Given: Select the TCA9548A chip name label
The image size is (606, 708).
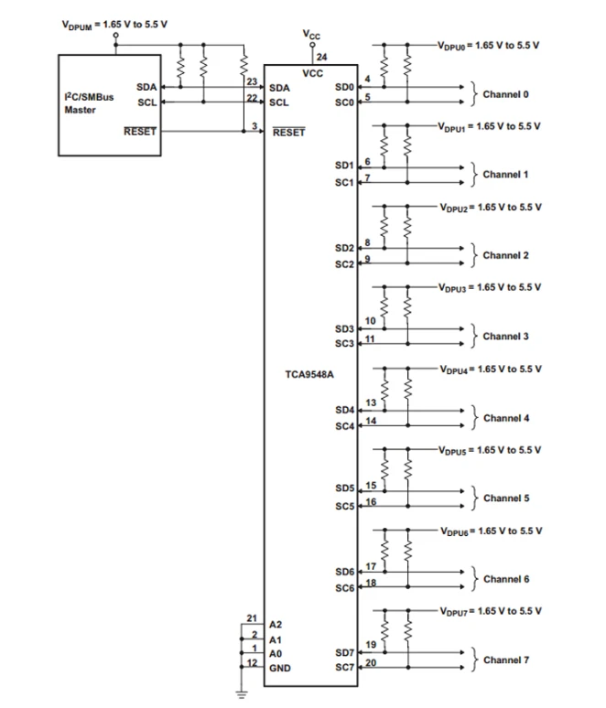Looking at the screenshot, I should pos(309,374).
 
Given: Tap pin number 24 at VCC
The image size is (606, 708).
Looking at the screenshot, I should pos(321,57).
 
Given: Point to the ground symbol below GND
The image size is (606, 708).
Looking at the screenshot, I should pos(242,692).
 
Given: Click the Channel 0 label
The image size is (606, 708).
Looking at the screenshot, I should pos(505,94).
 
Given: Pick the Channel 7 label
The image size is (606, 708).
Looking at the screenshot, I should pos(505,660).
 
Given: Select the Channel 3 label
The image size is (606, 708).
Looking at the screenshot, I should pos(505,337).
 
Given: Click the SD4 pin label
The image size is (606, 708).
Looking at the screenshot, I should pos(345,409).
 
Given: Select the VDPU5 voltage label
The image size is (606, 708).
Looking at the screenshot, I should pos(489,450).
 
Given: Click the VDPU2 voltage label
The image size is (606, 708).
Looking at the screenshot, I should pos(489,208).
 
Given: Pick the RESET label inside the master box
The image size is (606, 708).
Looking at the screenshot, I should pos(140,132).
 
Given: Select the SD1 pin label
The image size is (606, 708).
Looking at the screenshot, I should pos(345,166).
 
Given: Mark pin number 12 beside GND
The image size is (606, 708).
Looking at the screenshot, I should pos(252,663).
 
